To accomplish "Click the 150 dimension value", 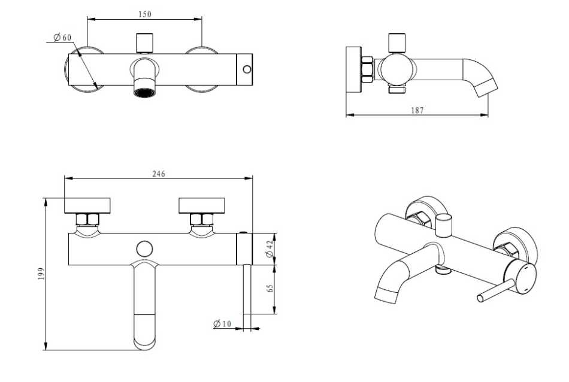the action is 145,14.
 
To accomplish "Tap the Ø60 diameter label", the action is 62,37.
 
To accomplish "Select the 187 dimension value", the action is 417,110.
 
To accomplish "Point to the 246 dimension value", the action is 159,174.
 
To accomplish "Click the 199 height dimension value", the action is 41,274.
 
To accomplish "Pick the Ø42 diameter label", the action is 270,249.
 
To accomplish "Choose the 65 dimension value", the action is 270,289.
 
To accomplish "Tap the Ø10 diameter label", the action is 222,323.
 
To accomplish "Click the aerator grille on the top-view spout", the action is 144,92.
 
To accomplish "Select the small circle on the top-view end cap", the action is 247,69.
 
